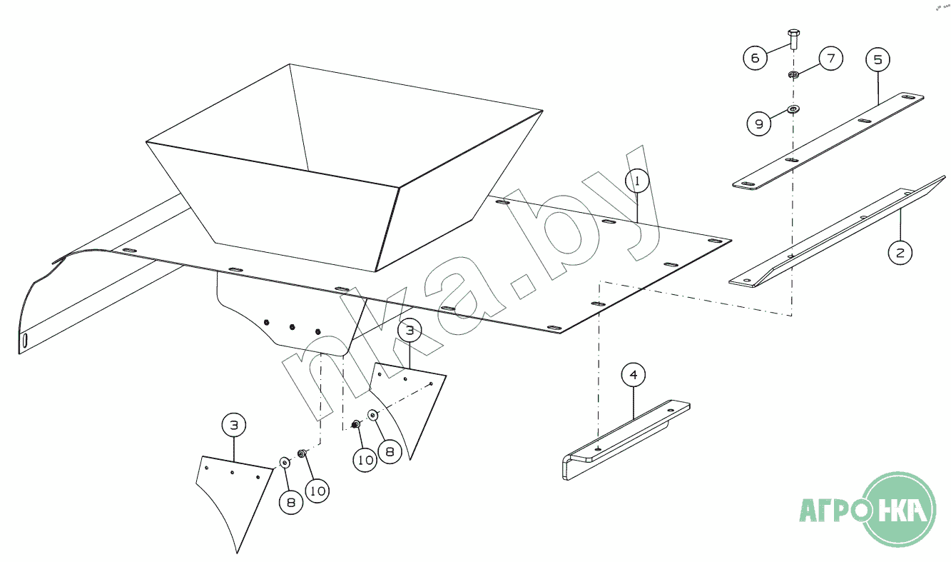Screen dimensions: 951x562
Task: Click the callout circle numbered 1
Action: (x=637, y=181)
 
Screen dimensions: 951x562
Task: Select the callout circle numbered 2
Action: (x=900, y=253)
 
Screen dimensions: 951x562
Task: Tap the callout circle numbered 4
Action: (x=634, y=375)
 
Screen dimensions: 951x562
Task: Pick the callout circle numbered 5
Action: (x=878, y=59)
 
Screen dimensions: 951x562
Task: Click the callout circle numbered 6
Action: (x=755, y=58)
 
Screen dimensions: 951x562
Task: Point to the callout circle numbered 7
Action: (x=831, y=59)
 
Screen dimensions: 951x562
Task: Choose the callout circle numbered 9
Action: (x=759, y=124)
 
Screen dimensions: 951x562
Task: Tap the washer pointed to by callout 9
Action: (x=793, y=109)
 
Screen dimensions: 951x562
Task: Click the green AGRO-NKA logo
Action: (x=868, y=509)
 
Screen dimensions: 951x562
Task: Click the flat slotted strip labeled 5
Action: (x=828, y=141)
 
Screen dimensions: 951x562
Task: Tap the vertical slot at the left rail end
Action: (x=26, y=341)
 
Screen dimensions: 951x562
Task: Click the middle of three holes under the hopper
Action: (x=292, y=327)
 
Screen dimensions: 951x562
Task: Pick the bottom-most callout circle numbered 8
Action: (x=291, y=503)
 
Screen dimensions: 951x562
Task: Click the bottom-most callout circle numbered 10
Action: (x=317, y=491)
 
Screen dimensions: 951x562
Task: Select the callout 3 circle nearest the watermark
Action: (x=410, y=331)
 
